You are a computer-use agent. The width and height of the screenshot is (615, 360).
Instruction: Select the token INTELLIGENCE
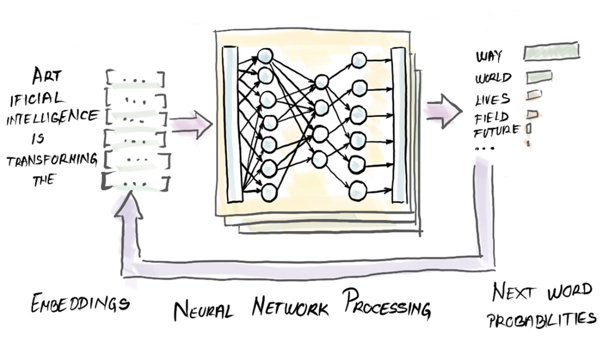51,116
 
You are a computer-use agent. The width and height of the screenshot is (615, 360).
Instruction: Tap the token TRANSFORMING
51,160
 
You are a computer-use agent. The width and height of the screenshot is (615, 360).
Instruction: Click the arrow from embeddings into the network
190,125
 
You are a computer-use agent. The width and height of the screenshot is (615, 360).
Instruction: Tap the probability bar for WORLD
538,76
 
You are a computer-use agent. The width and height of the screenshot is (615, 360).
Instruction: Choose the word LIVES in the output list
492,100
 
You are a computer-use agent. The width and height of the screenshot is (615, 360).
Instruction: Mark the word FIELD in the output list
491,117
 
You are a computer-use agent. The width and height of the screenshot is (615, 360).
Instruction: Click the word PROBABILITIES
540,319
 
